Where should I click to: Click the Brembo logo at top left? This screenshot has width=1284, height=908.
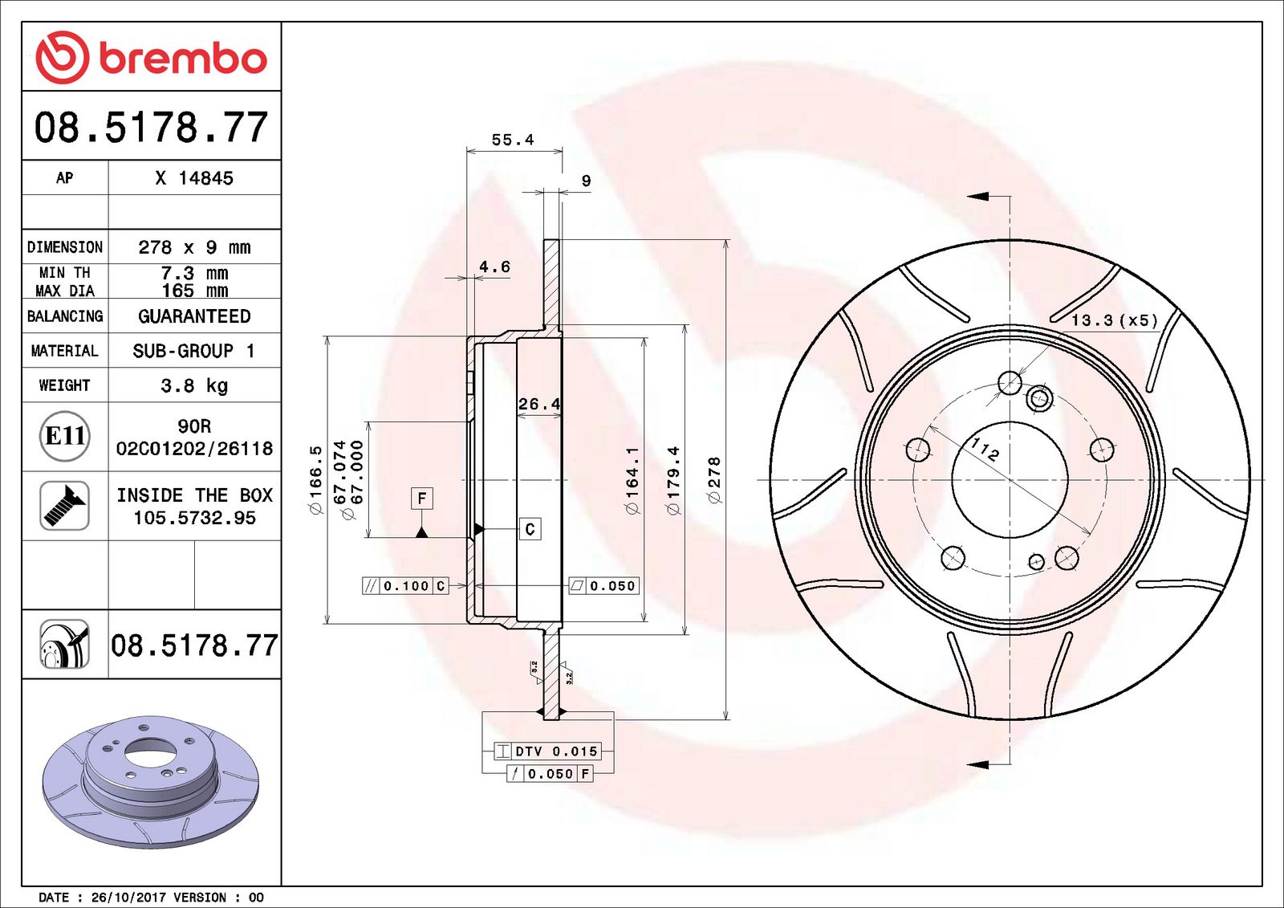coord(151,58)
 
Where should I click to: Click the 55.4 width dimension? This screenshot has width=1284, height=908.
coord(512,140)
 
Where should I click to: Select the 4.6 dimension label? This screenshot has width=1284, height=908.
coord(494,267)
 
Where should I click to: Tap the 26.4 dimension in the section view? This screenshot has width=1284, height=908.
coord(538,404)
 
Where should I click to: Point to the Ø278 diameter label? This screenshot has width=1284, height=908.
coord(713,480)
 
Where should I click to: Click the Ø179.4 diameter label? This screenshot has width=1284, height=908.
coord(672,480)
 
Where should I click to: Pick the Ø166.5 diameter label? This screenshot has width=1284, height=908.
coord(315,480)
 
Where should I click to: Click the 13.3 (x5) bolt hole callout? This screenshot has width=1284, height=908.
coord(1115,320)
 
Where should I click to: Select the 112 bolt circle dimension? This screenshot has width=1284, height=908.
coord(985,449)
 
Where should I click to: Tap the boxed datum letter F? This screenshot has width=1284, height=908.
coord(422,499)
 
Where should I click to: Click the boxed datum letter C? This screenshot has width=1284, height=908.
coord(530,529)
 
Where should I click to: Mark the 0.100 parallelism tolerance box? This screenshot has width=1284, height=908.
coord(405,586)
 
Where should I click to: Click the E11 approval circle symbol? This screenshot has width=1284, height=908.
coord(64,436)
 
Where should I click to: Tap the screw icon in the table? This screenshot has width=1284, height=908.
coord(64,505)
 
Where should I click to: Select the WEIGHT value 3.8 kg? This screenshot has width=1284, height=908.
coord(194,385)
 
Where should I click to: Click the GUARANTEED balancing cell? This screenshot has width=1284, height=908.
coord(194,316)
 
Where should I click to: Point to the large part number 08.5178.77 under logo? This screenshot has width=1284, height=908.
coord(151,128)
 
